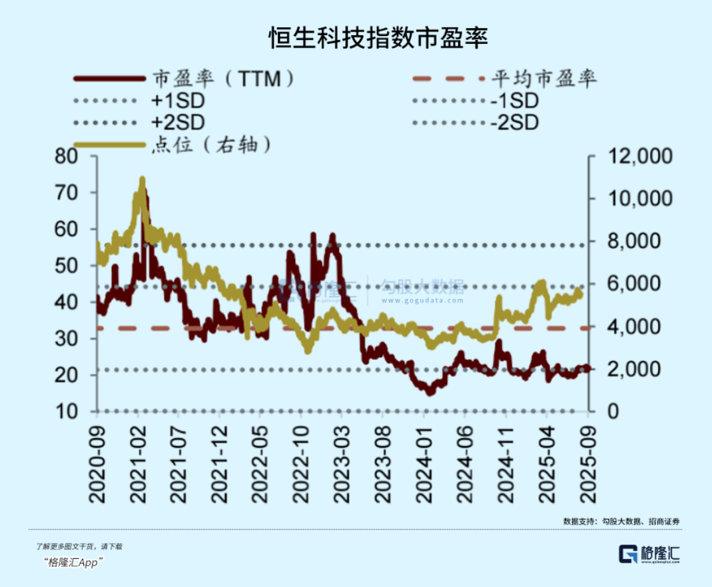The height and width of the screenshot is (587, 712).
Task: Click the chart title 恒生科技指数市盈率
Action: pos(378,38)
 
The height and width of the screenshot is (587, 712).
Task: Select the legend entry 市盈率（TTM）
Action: pos(224,79)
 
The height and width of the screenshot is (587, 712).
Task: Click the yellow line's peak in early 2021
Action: pos(142,179)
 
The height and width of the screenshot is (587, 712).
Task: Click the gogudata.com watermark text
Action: pos(432,300)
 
